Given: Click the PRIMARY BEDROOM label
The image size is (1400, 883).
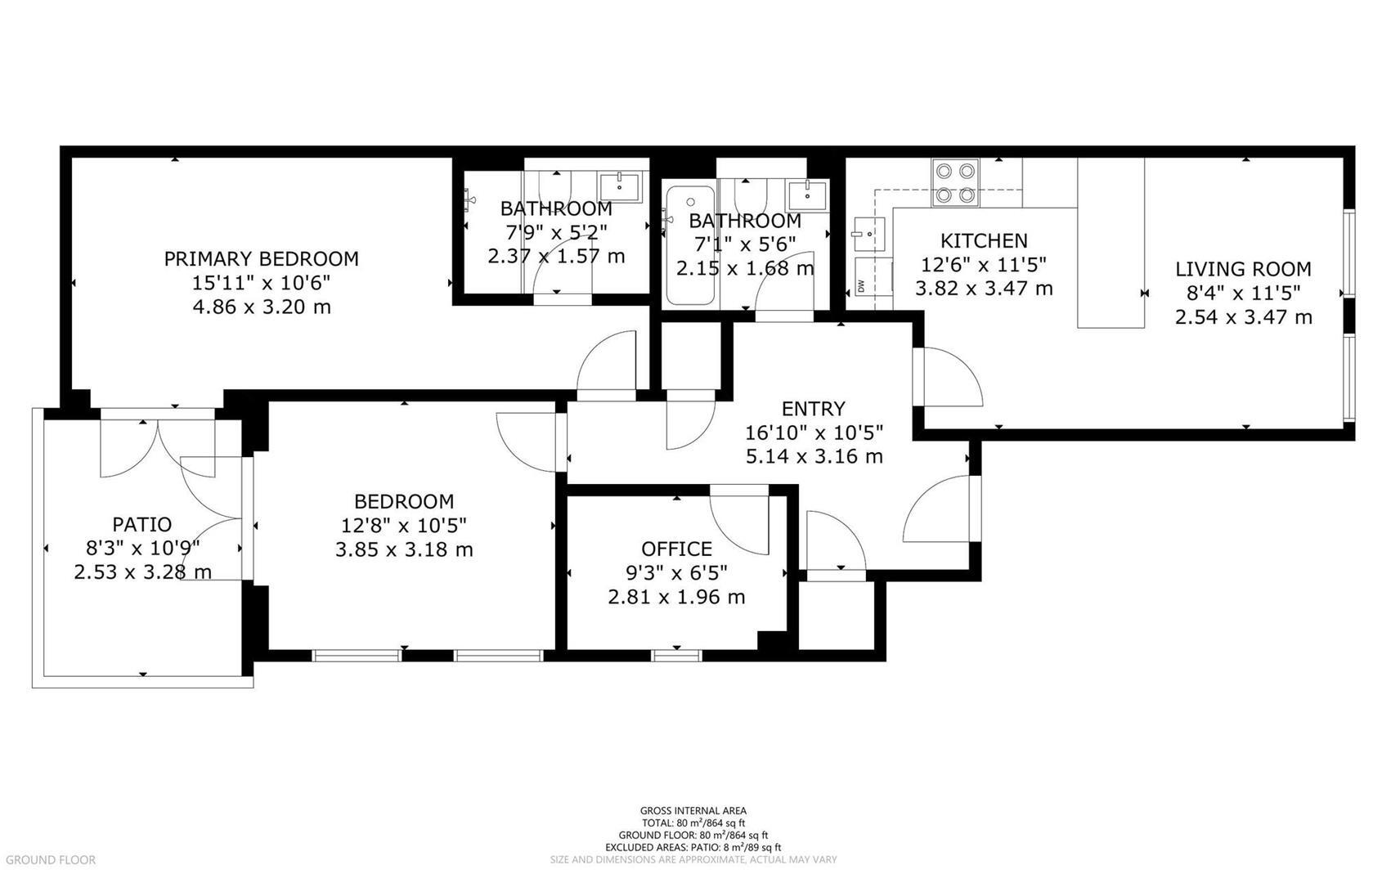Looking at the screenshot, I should pos(261,259).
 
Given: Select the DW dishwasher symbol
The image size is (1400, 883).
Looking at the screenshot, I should pos(862,285).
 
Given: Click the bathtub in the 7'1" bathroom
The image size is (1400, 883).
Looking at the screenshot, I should pos(689,245).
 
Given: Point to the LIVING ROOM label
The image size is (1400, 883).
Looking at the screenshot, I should pos(1243,269).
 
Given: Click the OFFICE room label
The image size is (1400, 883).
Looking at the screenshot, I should pos(676,549).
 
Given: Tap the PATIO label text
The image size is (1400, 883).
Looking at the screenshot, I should pos(141,524).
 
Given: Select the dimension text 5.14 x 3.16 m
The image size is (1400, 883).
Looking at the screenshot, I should pos(814,456).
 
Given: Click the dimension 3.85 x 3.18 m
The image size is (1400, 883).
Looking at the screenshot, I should pos(404,549).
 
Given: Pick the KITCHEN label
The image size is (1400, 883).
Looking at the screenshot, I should pos(984,240).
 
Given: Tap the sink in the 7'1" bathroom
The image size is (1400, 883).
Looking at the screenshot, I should pos(806,194).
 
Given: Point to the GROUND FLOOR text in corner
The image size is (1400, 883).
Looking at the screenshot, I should pos(48,860).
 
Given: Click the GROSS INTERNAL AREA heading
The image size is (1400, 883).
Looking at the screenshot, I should pos(693,811).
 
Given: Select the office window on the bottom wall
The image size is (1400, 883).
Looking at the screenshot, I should pos(676,655).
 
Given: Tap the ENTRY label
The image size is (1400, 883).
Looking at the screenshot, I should pos(813,409).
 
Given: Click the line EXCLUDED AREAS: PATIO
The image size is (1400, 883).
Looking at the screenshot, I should pos(693,848).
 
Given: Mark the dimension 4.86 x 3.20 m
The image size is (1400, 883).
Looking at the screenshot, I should pos(261,307).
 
